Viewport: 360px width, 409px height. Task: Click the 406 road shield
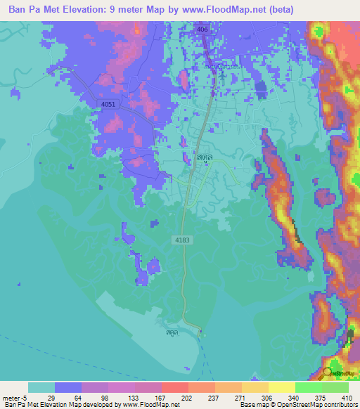(202, 30)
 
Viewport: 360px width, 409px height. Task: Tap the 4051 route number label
(108, 104)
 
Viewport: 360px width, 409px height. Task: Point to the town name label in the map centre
(205, 160)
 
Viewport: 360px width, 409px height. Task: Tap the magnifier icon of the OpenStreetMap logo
(328, 372)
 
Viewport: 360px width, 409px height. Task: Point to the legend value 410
(348, 397)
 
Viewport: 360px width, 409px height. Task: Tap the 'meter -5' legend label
(14, 397)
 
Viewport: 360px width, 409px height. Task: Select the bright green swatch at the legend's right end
(335, 387)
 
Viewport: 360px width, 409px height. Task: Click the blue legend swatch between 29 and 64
(68, 387)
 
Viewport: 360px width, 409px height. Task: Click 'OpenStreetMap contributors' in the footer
(315, 405)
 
